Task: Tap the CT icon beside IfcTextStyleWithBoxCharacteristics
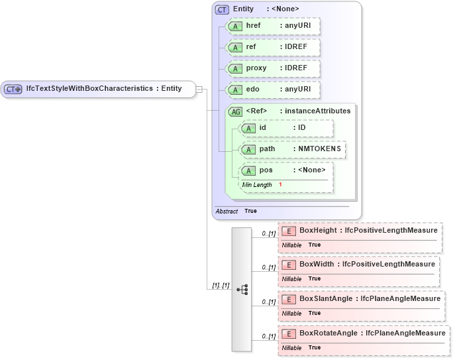click(x=13, y=89)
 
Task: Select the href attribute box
click(x=273, y=26)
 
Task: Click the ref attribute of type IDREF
click(x=273, y=47)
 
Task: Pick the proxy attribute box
click(x=273, y=68)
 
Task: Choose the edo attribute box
click(x=273, y=90)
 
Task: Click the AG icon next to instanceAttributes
click(x=235, y=111)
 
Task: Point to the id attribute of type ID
click(x=286, y=128)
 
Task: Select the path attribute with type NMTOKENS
click(x=291, y=149)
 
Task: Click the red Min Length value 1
click(x=280, y=184)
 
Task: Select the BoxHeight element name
click(x=318, y=230)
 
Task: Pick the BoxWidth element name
click(x=317, y=265)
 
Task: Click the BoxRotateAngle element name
click(x=328, y=333)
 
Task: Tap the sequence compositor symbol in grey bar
click(x=242, y=289)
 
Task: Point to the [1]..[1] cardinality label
click(x=221, y=285)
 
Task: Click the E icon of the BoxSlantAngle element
click(x=288, y=299)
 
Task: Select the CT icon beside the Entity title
click(x=222, y=9)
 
